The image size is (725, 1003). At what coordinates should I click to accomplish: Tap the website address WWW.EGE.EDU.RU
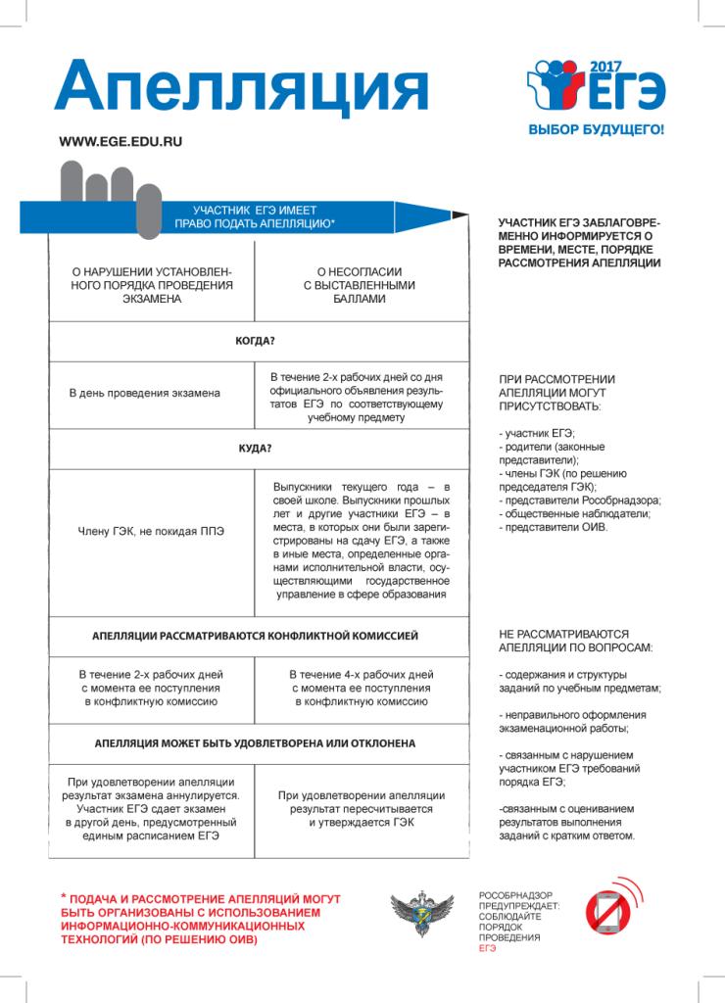click(x=121, y=141)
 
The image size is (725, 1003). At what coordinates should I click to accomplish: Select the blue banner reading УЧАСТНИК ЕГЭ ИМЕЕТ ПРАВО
click(x=254, y=217)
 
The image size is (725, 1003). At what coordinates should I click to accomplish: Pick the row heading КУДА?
click(x=254, y=450)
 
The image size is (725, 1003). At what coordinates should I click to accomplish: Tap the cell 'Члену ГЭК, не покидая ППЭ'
click(x=151, y=532)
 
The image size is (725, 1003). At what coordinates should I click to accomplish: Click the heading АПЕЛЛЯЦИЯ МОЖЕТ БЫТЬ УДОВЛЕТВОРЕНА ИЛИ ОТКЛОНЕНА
click(x=254, y=743)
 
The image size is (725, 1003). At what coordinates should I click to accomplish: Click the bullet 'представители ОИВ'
click(x=554, y=528)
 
